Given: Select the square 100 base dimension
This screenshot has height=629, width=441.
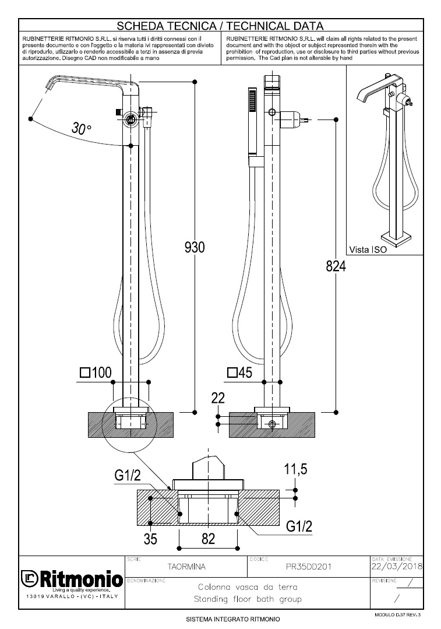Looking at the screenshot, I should coord(96,373).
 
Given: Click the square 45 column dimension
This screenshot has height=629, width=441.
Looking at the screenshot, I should coord(239,373).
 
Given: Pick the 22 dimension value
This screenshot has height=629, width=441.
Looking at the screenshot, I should coord(218,399).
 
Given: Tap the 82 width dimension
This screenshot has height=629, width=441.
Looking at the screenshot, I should coord(208,539).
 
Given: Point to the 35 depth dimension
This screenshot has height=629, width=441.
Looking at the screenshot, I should coord(150,539).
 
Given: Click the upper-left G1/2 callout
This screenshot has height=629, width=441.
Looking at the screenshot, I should coord(128,475).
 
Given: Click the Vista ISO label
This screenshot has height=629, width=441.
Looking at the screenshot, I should coord(368,250).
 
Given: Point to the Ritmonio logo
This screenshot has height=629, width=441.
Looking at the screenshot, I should coord(72,579).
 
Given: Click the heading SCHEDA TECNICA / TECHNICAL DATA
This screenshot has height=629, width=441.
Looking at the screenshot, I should coord(220,26).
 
